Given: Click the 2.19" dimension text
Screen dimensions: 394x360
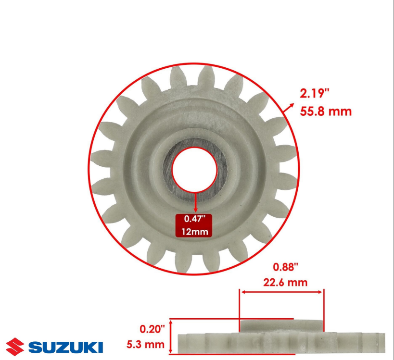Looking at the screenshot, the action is pos(314,94).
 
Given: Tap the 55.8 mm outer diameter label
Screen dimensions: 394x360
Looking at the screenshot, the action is pos(326,111).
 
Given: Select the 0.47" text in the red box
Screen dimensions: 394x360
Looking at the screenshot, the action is pos(195,219).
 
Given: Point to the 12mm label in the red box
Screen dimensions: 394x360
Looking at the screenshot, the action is pos(195,232).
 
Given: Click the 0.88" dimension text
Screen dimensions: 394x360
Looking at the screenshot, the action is pos(285,267).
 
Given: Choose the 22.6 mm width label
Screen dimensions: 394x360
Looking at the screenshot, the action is pos(285,283).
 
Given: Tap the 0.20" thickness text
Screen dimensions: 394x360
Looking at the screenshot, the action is pos(153,329).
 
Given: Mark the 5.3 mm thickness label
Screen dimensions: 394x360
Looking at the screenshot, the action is pos(145,345).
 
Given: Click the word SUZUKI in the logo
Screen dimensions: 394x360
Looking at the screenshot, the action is pos(65,347).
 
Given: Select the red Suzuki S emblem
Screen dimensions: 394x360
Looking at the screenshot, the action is pos(15,347).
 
